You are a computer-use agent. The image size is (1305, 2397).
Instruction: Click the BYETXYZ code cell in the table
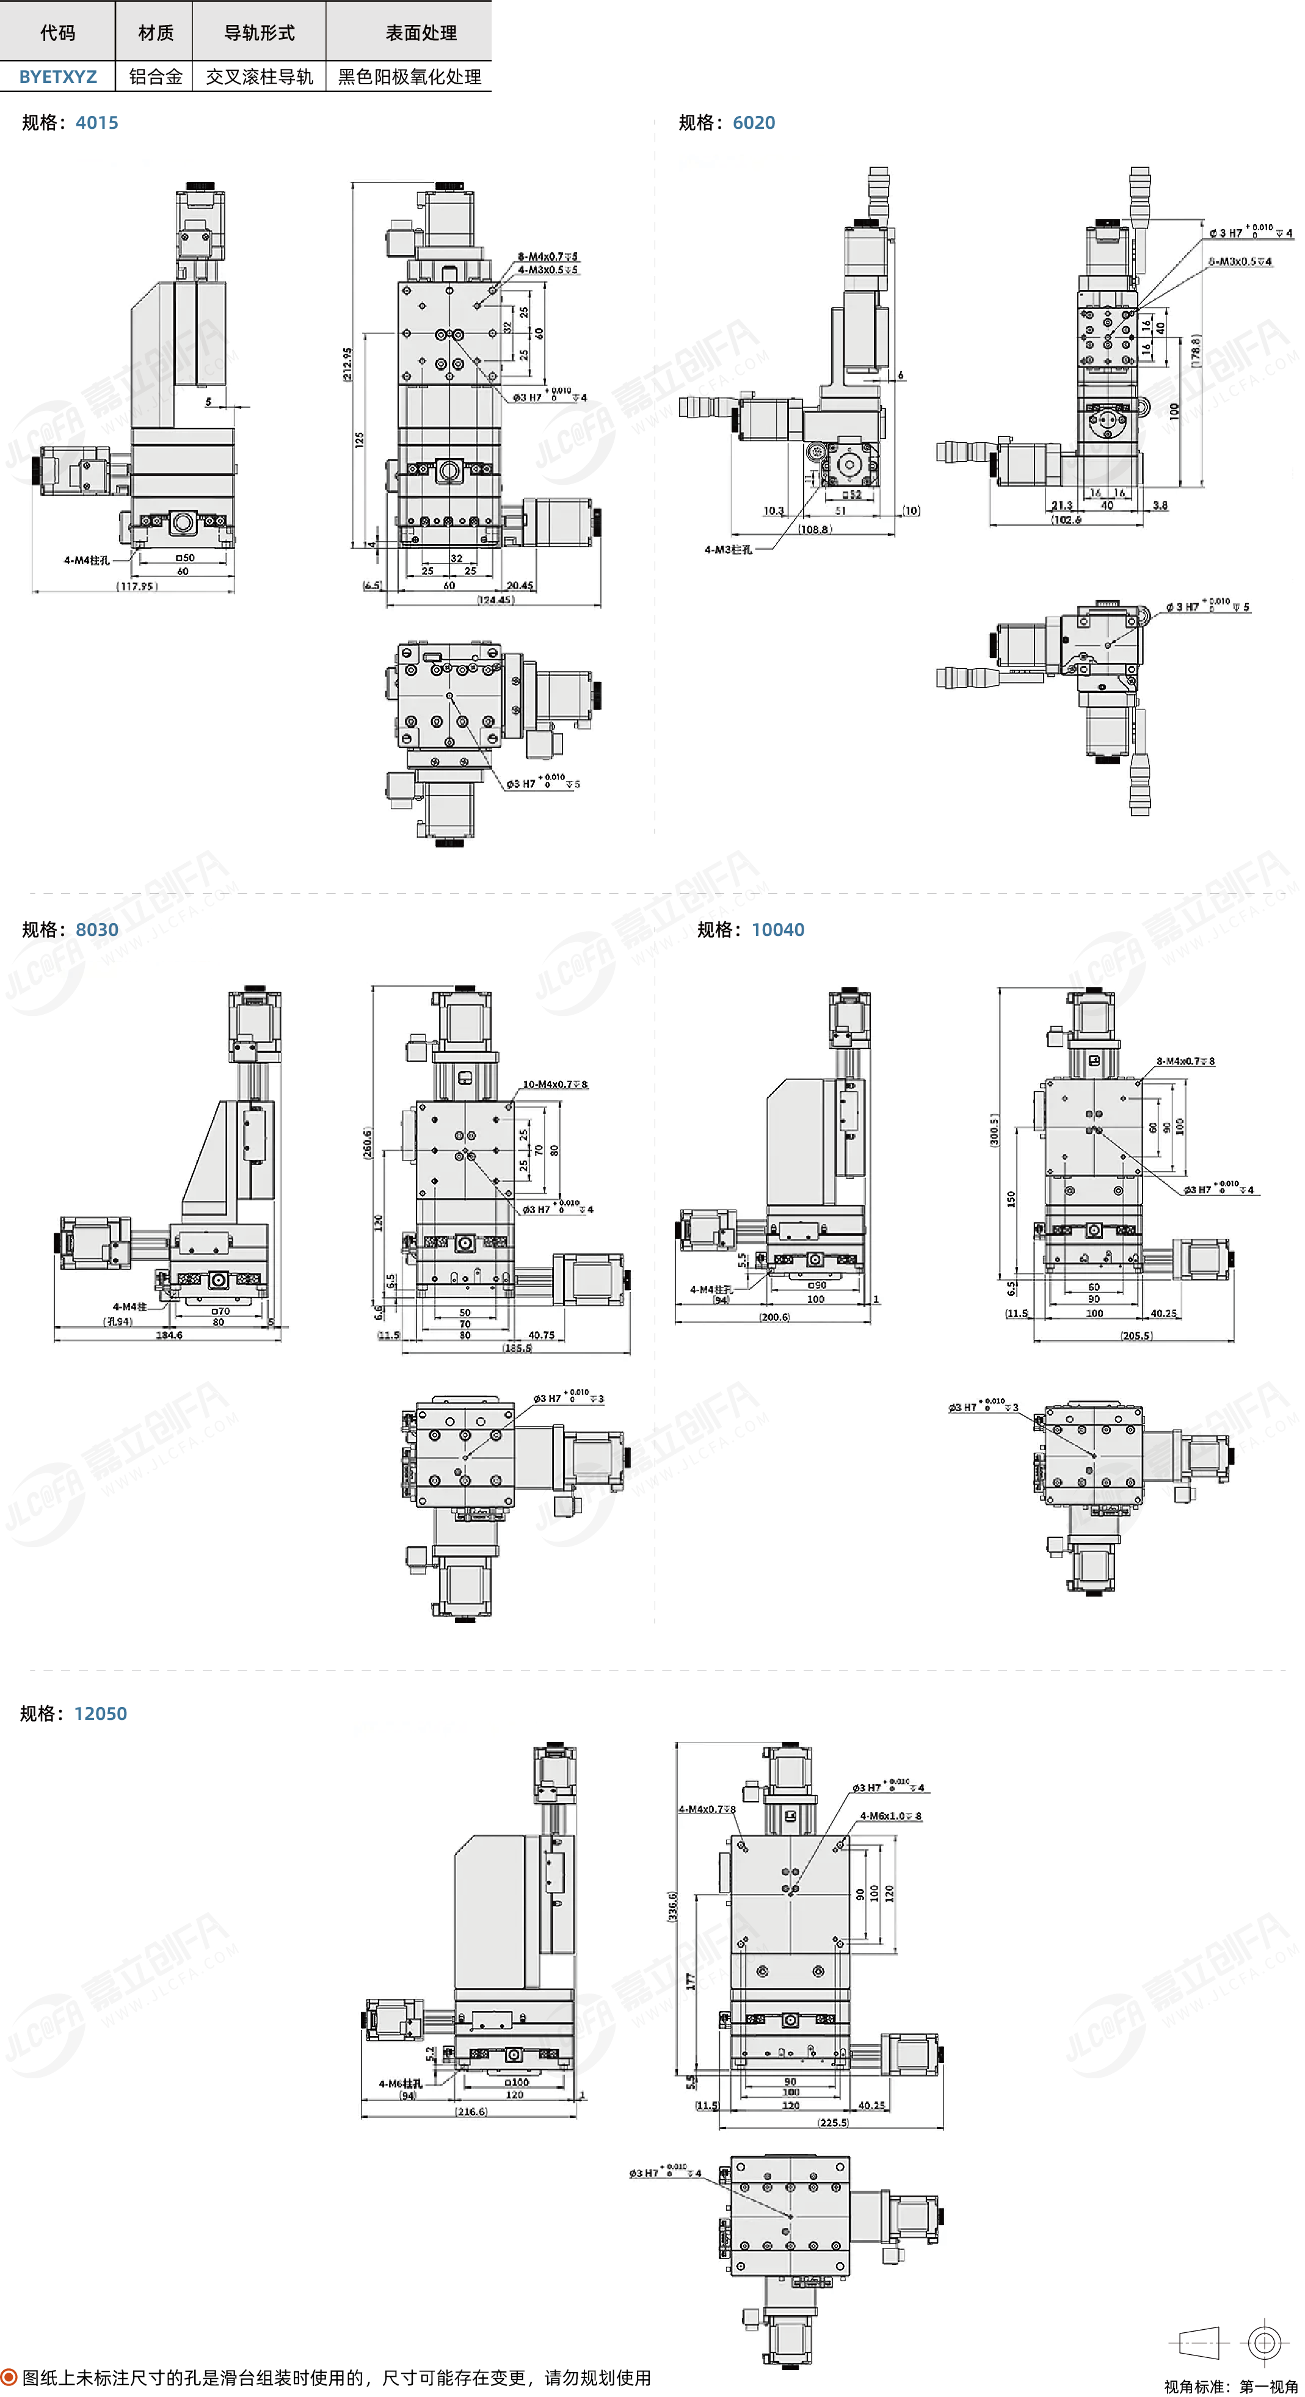point(58,77)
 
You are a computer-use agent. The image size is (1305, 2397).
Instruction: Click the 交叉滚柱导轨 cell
point(259,77)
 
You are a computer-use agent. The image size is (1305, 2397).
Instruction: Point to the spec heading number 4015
point(97,123)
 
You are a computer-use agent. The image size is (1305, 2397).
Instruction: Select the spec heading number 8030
point(97,930)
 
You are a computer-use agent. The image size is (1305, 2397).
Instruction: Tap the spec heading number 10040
point(777,930)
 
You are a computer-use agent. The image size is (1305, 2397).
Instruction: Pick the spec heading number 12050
point(101,1714)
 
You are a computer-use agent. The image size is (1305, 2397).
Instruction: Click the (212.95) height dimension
point(347,364)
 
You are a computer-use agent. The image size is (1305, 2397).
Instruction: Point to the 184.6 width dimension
point(169,1335)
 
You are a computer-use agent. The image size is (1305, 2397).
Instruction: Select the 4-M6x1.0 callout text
point(890,1815)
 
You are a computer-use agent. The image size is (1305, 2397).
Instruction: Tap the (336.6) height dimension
point(672,1907)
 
